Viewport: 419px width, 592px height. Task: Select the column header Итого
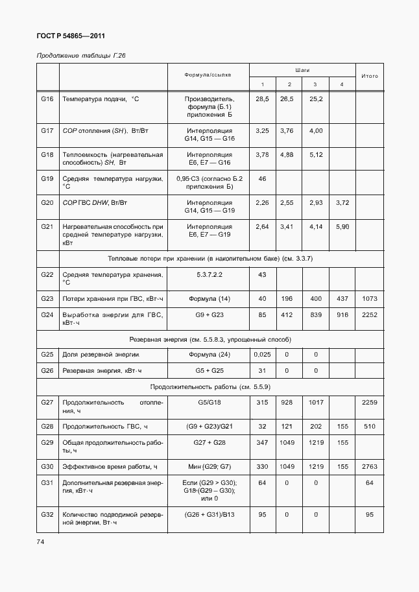pyautogui.click(x=370, y=76)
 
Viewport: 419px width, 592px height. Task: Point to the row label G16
pyautogui.click(x=47, y=99)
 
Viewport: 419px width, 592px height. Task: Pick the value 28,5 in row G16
pyautogui.click(x=263, y=99)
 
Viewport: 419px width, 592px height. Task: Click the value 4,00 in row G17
pyautogui.click(x=316, y=131)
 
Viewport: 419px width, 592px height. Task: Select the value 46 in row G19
pyautogui.click(x=263, y=178)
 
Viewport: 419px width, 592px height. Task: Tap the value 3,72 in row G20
pyautogui.click(x=342, y=203)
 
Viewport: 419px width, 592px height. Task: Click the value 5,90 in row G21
pyautogui.click(x=342, y=226)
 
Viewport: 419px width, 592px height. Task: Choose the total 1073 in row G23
pyautogui.click(x=370, y=298)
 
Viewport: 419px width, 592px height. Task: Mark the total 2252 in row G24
pyautogui.click(x=370, y=315)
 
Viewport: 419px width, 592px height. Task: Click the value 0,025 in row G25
pyautogui.click(x=263, y=355)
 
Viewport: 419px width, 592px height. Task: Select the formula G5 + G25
pyautogui.click(x=209, y=371)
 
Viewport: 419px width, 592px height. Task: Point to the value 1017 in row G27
pyautogui.click(x=316, y=403)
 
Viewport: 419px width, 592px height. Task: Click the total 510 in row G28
pyautogui.click(x=370, y=427)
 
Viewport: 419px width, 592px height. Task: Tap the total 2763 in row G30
pyautogui.click(x=370, y=467)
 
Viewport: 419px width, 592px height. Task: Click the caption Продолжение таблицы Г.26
pyautogui.click(x=80, y=56)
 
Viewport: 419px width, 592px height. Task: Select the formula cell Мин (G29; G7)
pyautogui.click(x=209, y=467)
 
